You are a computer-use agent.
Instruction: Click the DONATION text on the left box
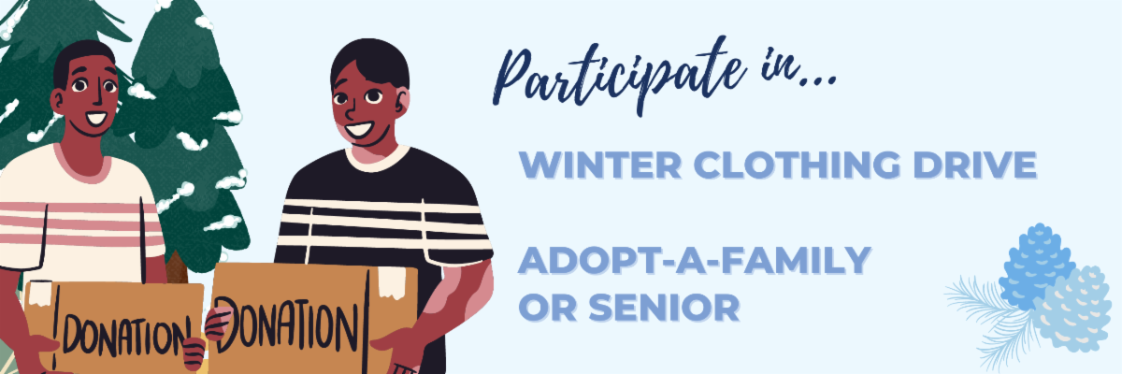[122, 334]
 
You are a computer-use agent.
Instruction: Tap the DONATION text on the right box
[290, 323]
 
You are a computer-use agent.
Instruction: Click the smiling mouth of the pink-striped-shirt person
[96, 119]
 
